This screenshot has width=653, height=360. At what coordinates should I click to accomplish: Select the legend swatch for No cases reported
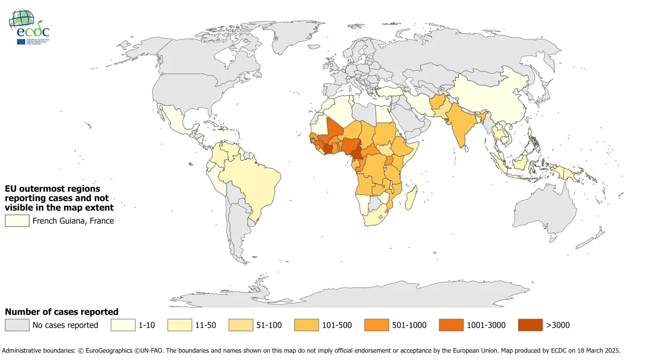pyautogui.click(x=17, y=325)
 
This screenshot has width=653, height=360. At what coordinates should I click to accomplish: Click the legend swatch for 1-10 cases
pyautogui.click(x=122, y=325)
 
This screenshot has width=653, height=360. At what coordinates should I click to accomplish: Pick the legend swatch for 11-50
pyautogui.click(x=179, y=325)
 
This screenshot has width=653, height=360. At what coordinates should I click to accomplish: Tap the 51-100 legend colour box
pyautogui.click(x=240, y=325)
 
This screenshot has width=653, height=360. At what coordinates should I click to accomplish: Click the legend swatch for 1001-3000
pyautogui.click(x=451, y=325)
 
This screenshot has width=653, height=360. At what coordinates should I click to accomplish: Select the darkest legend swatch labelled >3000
pyautogui.click(x=530, y=325)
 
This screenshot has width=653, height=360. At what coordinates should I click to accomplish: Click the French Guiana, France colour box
pyautogui.click(x=17, y=221)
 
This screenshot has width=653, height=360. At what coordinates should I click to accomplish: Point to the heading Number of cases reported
pyautogui.click(x=61, y=312)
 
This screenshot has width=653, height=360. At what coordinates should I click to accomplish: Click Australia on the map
pyautogui.click(x=547, y=207)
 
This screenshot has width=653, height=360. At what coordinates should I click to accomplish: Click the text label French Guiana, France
pyautogui.click(x=74, y=221)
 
